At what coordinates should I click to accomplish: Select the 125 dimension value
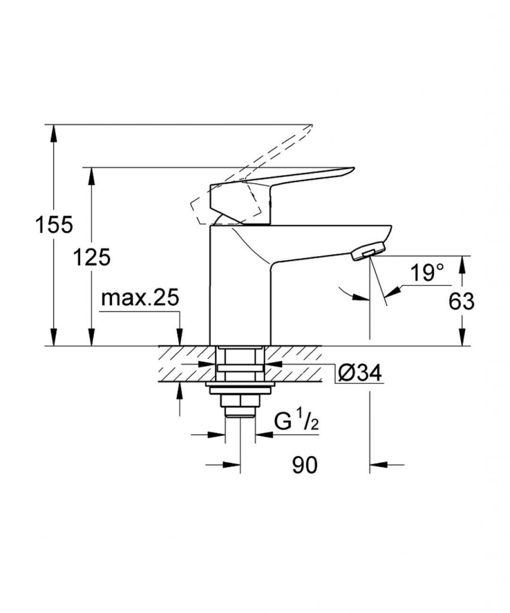[x=92, y=257]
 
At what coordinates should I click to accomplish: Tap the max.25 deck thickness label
[x=140, y=298]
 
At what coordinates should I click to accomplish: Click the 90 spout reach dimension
[x=305, y=464]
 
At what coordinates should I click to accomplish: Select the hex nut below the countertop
[x=239, y=399]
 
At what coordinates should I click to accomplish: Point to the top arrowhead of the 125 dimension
[x=92, y=174]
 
